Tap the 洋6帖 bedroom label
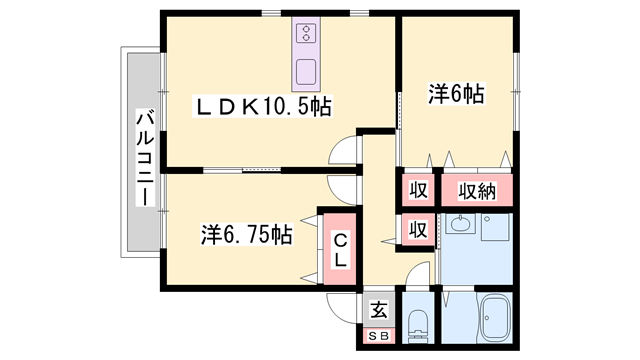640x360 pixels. coord(457,95)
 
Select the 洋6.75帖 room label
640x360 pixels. coord(246,235)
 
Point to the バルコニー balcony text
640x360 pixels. coord(143,159)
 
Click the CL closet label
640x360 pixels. coord(340,249)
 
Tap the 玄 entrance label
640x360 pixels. coord(379,310)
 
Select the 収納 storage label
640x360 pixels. coord(477,190)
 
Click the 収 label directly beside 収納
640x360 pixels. coord(418,190)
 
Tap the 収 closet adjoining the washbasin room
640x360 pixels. coord(418,229)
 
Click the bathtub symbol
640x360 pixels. coord(495,319)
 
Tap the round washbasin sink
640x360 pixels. coord(461,226)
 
